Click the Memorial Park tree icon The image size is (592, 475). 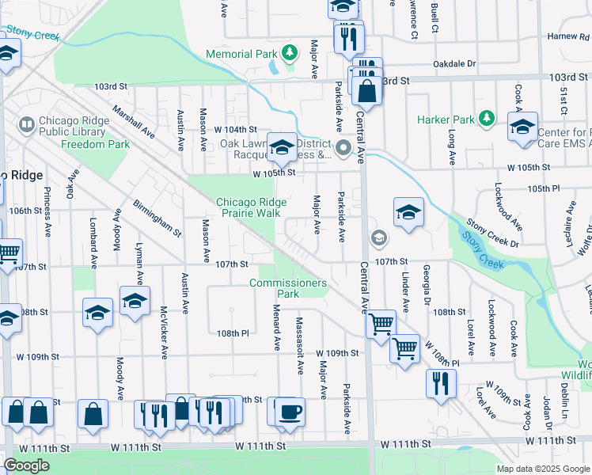[291, 54]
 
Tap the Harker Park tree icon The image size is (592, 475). [488, 120]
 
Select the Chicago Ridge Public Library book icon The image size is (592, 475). [27, 124]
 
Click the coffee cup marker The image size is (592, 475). [290, 412]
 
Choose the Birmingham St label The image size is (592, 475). [157, 218]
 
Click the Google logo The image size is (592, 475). [27, 465]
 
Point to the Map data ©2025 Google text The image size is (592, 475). [543, 469]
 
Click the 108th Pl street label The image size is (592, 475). [234, 333]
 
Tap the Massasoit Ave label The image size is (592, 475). [300, 346]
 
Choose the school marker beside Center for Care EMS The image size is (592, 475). [523, 128]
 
